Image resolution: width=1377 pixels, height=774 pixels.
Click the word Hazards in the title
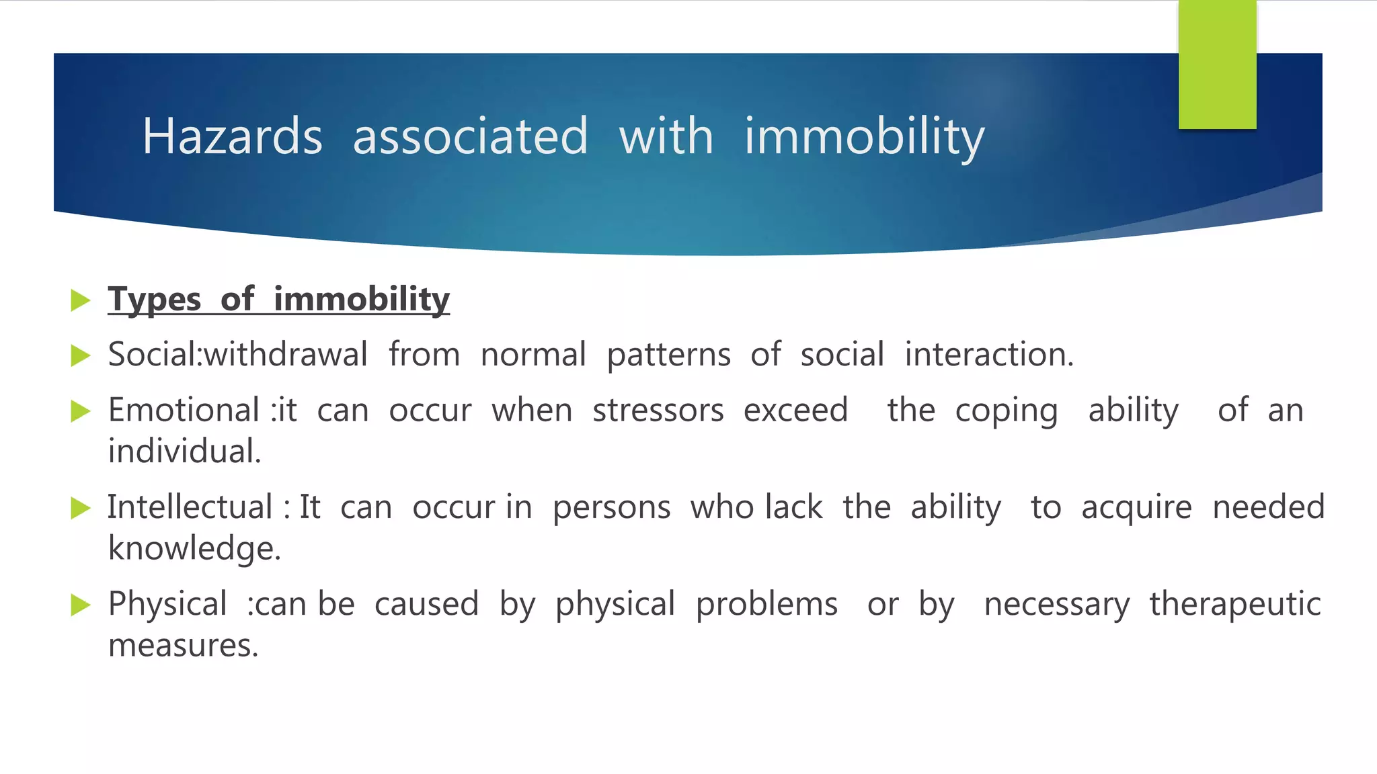point(232,136)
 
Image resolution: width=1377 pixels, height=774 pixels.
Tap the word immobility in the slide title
point(864,136)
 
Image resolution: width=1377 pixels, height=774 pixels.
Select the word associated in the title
point(470,136)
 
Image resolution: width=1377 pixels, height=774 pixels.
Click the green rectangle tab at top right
point(1217,64)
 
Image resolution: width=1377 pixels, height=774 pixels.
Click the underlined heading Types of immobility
point(278,299)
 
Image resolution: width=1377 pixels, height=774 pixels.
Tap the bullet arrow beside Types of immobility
point(80,300)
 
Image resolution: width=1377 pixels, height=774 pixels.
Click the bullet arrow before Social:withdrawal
point(80,355)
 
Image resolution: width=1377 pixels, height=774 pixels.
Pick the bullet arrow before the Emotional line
point(80,411)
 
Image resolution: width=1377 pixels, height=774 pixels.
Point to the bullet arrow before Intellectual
point(80,508)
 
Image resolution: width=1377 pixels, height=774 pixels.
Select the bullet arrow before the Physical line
point(80,605)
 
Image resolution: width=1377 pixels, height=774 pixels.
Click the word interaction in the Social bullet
point(988,355)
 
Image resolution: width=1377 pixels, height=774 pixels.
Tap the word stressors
point(658,411)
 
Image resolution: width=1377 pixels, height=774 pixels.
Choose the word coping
point(1006,411)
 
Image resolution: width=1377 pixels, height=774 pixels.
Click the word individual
point(184,451)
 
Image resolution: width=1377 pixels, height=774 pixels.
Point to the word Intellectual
point(190,507)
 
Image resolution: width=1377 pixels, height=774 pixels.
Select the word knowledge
point(194,549)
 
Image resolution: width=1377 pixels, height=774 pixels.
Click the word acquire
point(1136,507)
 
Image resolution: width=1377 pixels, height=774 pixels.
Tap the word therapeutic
point(1234,604)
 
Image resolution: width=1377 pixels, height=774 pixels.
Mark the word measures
point(183,646)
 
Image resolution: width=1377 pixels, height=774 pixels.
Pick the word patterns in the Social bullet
point(668,355)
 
